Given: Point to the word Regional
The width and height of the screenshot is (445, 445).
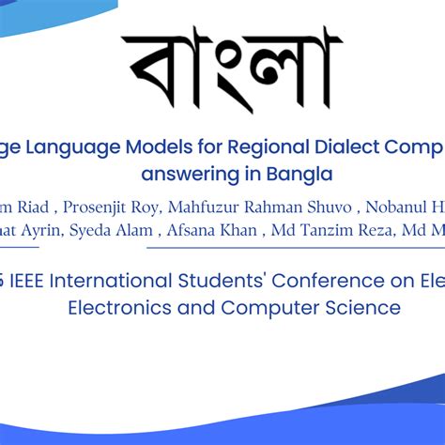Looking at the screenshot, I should pos(261,147).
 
